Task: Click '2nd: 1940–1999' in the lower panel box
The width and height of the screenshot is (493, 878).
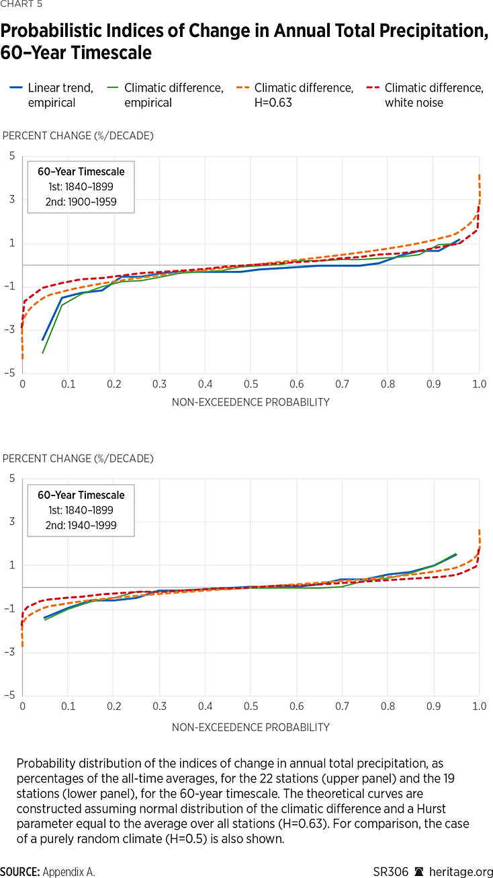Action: pos(80,525)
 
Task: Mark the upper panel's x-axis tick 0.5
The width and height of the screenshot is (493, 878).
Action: pos(251,384)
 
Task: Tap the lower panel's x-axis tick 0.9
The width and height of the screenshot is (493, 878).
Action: pos(433,707)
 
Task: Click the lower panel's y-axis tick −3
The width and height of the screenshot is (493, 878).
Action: pos(9,652)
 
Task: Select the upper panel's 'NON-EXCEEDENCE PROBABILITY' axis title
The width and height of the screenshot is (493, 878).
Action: pos(251,403)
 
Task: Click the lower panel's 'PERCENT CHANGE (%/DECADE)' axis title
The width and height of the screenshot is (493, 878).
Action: pos(78,458)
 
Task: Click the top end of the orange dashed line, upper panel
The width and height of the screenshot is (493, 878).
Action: pos(479,175)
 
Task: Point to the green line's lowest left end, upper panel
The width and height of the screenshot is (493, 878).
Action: pos(43,353)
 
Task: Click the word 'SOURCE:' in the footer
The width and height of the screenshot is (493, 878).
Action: pos(19,872)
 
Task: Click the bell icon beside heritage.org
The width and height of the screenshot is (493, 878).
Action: pos(418,872)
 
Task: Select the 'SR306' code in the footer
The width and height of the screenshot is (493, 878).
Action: pos(391,872)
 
